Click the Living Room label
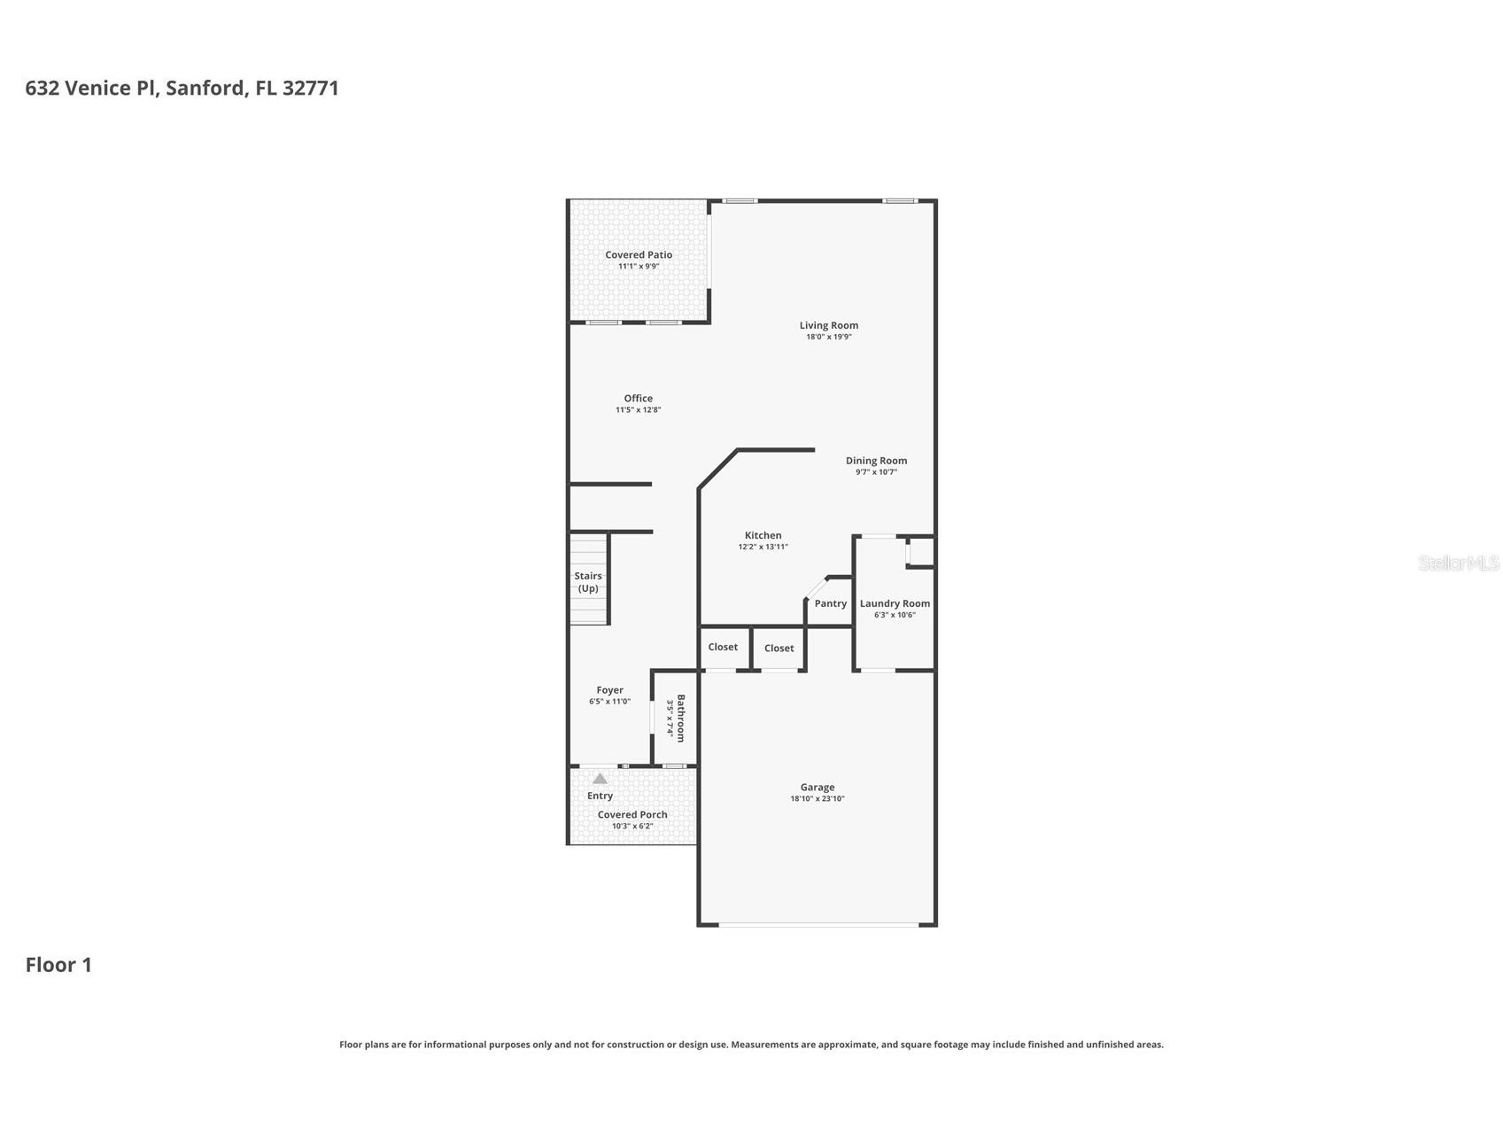pos(829,325)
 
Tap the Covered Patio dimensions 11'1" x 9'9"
pos(639,266)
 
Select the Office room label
pos(638,399)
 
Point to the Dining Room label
pos(876,461)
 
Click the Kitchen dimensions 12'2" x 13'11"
pos(763,547)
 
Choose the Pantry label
pos(831,603)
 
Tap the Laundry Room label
pos(895,603)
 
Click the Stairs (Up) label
pos(588,582)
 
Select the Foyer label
pos(609,690)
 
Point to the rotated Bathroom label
pos(681,718)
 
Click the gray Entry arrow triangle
pos(600,779)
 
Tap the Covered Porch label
pos(632,815)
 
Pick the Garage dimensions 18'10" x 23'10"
pos(817,799)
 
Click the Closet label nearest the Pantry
pos(779,649)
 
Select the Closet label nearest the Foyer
pos(723,648)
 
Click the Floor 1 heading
pos(58,965)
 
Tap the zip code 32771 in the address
pos(311,88)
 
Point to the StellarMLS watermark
pos(1459,563)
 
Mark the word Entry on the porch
pos(600,796)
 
